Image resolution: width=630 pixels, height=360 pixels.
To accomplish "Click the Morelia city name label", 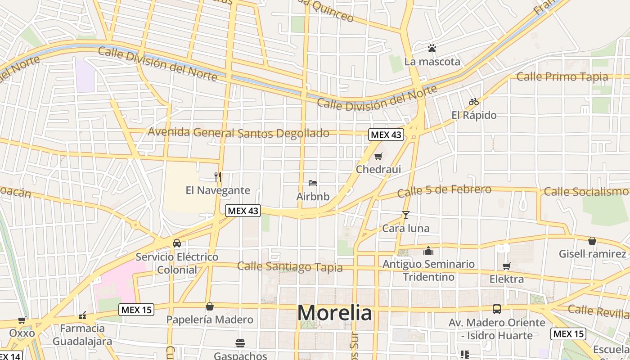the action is click(335, 313).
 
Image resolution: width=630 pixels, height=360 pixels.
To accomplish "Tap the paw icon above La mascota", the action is click(432, 48).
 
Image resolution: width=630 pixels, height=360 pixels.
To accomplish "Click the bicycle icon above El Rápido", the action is click(473, 102).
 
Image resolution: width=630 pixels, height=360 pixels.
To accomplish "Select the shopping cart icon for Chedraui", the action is click(378, 156).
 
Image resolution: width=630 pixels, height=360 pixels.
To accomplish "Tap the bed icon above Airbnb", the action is click(313, 183).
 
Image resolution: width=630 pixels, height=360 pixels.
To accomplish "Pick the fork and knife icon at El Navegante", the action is click(218, 176).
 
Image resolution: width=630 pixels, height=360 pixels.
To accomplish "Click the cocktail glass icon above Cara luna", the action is click(405, 215).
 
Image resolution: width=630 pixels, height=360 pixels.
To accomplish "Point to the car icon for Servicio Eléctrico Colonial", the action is click(177, 243).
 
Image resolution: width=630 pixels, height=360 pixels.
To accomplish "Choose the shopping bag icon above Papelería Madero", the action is click(209, 307).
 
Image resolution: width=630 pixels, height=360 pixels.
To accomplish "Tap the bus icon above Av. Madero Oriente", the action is click(497, 309).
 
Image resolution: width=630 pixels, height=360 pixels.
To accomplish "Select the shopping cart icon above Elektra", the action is click(507, 266).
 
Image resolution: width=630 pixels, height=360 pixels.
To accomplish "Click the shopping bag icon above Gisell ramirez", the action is click(592, 241).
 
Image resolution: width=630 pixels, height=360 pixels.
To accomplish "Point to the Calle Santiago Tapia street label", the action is click(290, 266).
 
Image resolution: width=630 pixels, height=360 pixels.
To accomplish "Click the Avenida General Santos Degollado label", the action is click(238, 133).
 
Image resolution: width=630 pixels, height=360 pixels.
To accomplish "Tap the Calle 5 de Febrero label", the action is click(444, 191).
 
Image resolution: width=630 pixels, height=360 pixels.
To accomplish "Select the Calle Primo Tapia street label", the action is click(562, 77).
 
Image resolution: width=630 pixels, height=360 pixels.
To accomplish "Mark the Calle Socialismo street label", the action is click(586, 192).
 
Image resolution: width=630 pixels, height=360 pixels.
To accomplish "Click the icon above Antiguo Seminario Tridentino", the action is click(428, 251).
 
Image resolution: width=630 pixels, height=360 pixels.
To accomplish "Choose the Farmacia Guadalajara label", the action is click(82, 335).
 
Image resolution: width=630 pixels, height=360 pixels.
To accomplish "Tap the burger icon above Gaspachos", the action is click(240, 343).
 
